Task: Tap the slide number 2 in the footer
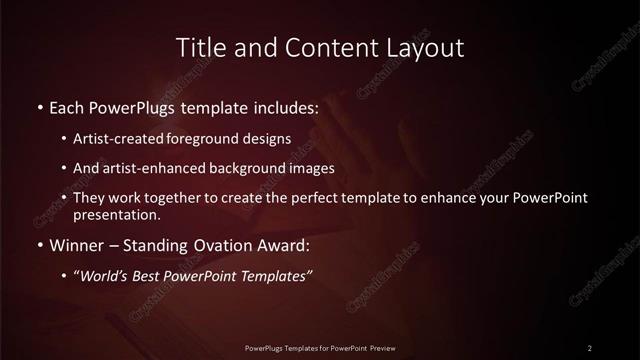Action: pos(590,347)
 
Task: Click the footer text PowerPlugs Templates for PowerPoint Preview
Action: pos(320,347)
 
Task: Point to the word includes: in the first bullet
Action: pos(282,107)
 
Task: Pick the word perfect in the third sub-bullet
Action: pos(304,198)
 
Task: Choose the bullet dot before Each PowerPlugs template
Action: pos(39,107)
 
